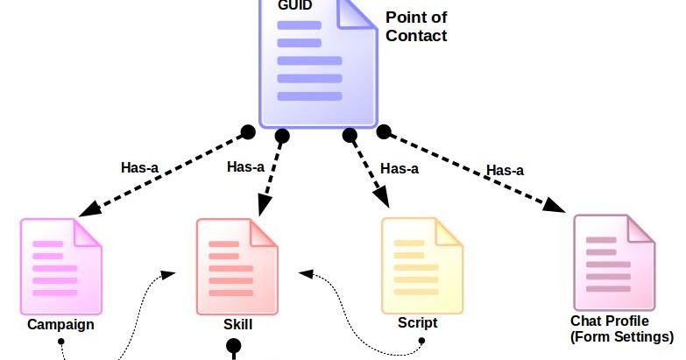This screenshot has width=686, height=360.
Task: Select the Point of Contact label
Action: click(416, 27)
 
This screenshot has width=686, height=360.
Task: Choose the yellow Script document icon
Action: click(421, 266)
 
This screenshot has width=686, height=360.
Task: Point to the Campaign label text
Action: click(60, 325)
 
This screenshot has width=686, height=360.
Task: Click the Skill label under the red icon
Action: click(237, 325)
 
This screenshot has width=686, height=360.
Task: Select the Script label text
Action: click(417, 322)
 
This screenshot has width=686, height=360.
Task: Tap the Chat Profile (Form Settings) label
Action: click(622, 329)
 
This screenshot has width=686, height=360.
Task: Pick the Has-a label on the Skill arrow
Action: click(245, 166)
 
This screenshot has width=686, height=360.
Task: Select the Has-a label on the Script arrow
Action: click(400, 168)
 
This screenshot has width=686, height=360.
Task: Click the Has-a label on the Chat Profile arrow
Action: click(505, 170)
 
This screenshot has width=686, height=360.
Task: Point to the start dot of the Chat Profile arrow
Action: click(383, 131)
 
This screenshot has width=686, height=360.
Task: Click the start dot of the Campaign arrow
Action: click(248, 132)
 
